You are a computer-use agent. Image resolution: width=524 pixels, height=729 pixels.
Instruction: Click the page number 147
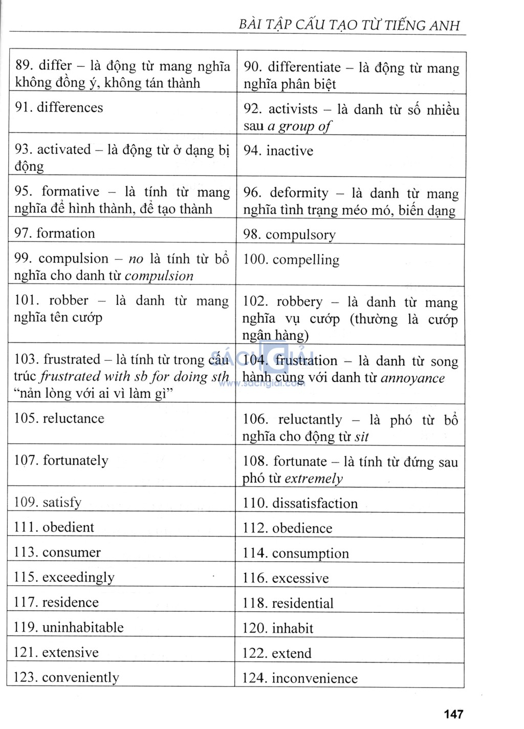point(453,714)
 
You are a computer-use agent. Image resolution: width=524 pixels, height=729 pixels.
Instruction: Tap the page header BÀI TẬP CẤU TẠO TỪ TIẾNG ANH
point(349,25)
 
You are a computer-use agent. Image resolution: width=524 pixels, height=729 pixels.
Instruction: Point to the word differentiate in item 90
point(304,68)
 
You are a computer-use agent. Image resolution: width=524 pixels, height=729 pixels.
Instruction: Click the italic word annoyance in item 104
point(412,378)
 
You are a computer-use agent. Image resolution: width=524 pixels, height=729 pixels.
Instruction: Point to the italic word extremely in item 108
point(314,479)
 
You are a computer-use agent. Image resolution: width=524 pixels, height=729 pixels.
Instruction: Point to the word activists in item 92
point(293,109)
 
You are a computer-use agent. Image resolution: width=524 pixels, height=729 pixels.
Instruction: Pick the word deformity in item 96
point(299,193)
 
